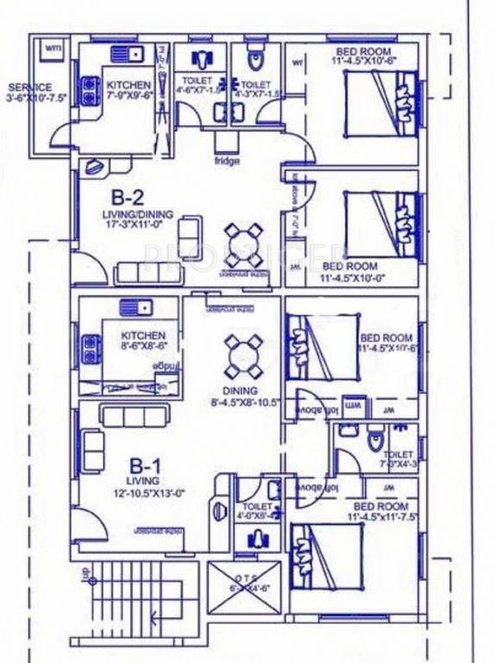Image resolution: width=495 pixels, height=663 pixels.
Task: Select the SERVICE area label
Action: [x=30, y=87]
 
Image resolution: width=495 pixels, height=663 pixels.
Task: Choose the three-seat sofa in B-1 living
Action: [x=134, y=416]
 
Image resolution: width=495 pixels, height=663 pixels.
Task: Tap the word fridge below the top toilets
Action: [x=227, y=161]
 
